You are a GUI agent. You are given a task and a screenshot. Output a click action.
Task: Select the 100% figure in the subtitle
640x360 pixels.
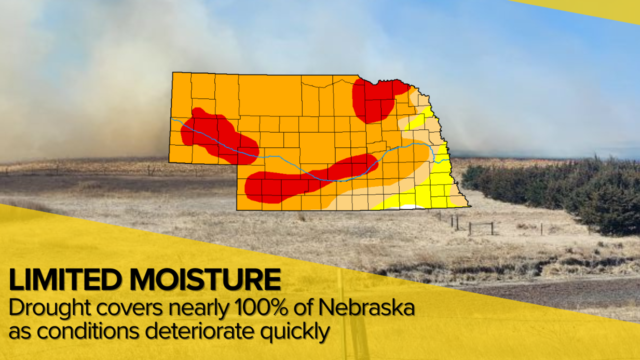click(x=259, y=308)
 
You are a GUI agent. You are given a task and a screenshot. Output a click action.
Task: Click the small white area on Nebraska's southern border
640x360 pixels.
click(x=410, y=206)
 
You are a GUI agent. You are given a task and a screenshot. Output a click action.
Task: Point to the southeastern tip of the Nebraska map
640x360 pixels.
click(x=469, y=205)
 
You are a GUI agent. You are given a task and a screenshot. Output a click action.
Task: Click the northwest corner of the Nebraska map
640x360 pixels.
click(x=173, y=73)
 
